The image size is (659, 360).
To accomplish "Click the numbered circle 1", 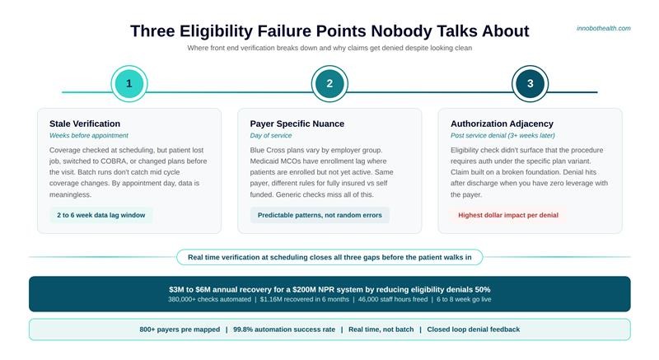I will point(129,83).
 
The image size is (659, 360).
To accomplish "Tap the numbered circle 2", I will point(329,83).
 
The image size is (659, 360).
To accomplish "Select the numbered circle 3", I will point(530,83).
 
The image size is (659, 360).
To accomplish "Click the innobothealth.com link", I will point(604,28).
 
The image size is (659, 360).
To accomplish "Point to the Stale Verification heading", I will point(85,124).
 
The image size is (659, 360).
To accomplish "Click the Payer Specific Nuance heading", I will point(297,124).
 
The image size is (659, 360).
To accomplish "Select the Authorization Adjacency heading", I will point(502,124).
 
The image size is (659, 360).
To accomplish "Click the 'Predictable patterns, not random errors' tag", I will point(320,215).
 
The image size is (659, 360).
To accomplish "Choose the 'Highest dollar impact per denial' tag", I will point(508,215).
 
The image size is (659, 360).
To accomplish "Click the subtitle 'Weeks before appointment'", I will point(89,135).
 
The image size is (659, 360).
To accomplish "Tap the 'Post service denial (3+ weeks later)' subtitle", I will point(502,135).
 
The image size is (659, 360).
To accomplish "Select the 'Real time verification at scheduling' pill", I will point(329,257).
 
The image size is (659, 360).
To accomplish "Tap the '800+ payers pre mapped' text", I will point(179,330).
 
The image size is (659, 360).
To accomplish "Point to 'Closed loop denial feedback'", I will point(474,330).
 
